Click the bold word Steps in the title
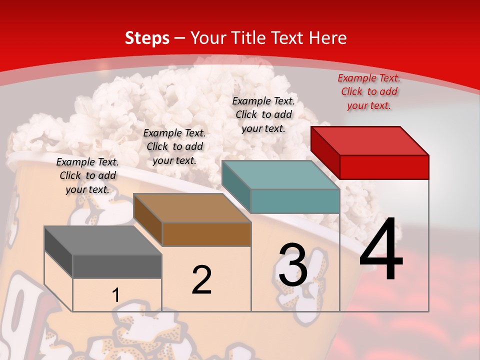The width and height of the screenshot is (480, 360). (147, 38)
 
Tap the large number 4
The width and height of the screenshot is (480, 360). (381, 248)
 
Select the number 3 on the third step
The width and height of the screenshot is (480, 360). (293, 265)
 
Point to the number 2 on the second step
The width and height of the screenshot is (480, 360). (202, 280)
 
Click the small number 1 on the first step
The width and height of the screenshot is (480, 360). (115, 295)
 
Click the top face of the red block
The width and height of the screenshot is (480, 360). (370, 141)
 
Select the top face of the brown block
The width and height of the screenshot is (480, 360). (192, 208)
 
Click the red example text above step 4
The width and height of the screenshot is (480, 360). (369, 91)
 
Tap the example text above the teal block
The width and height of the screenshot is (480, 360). (263, 114)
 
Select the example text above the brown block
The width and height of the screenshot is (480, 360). (174, 146)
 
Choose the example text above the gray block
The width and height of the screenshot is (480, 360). (87, 175)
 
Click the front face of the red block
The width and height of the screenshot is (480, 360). (384, 167)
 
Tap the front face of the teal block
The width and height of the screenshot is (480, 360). (295, 201)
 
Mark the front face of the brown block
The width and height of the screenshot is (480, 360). (206, 234)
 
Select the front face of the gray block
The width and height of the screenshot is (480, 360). (117, 266)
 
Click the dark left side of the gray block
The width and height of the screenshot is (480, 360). (58, 252)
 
